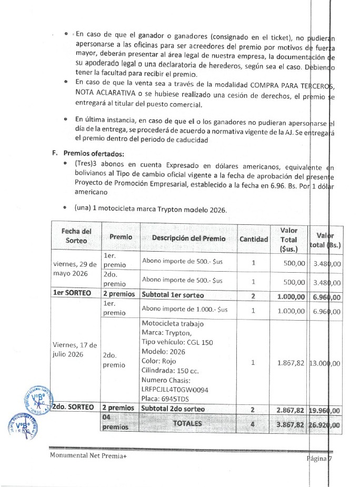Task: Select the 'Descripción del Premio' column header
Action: point(188,238)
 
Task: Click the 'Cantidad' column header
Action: point(253,238)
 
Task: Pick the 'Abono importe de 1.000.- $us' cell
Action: point(182,311)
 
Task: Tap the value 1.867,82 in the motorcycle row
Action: point(292,362)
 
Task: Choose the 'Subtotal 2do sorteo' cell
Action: point(173,408)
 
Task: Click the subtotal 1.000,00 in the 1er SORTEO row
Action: point(291,296)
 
